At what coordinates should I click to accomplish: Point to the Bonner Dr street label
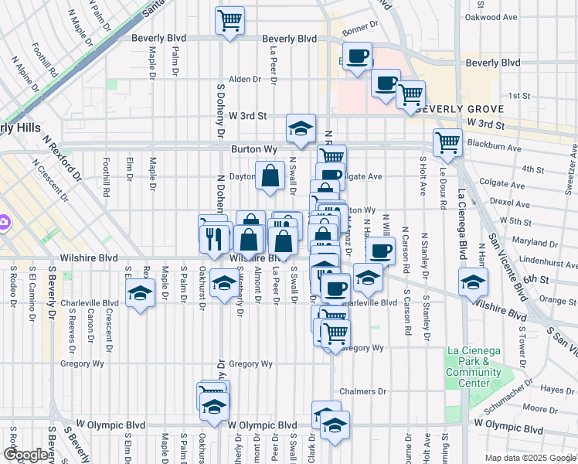[x=360, y=26]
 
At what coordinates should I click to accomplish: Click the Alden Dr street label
[x=245, y=79]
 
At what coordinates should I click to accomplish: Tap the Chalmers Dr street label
[x=362, y=391]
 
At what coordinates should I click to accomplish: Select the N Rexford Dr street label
[x=63, y=159]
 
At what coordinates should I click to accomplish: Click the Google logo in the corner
[x=25, y=455]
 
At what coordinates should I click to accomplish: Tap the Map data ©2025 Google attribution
[x=531, y=458]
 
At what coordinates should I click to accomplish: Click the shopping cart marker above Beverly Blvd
[x=229, y=20]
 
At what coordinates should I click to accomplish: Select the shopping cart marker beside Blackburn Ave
[x=447, y=142]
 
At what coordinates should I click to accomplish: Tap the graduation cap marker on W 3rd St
[x=301, y=127]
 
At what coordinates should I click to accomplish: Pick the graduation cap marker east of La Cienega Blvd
[x=473, y=281]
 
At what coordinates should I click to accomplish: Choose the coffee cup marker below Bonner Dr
[x=357, y=57]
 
